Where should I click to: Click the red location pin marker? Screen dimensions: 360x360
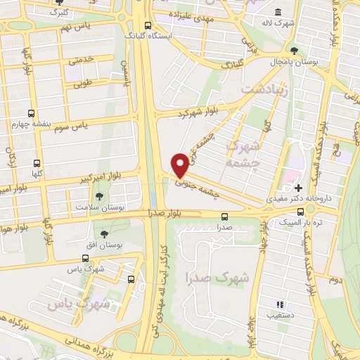[x=180, y=165]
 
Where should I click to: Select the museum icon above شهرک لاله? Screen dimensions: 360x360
[x=279, y=13]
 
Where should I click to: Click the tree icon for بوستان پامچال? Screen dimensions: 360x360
[x=294, y=51]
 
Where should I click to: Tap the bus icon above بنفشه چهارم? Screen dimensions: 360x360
[x=30, y=113]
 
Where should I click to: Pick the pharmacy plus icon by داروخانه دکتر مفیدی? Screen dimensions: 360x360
[x=299, y=188]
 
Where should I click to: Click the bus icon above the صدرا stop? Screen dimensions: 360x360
[x=224, y=217]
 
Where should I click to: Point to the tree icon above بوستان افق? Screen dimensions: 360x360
[x=104, y=233]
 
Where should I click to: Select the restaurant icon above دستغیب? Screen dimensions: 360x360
[x=279, y=304]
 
